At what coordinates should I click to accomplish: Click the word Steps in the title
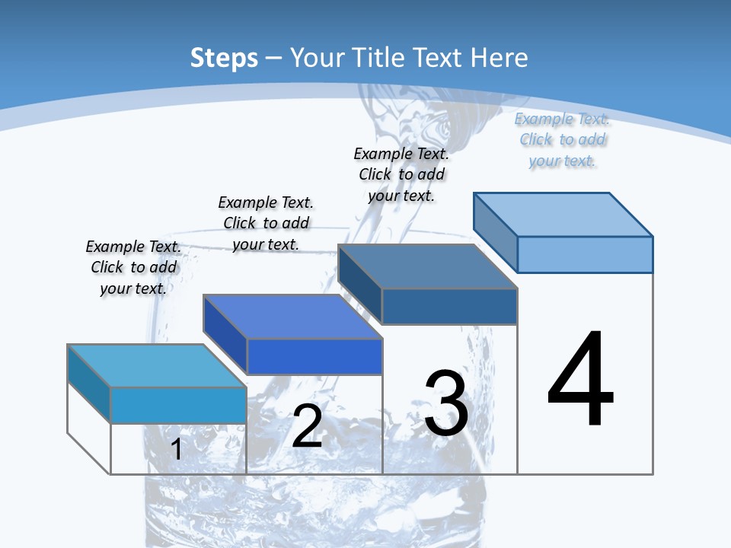tap(224, 59)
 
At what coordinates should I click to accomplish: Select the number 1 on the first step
tap(176, 450)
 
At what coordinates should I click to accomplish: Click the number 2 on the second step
tap(307, 426)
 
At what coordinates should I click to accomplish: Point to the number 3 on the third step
tap(446, 403)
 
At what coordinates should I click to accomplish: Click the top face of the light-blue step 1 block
tap(156, 366)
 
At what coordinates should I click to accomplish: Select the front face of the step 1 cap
tap(178, 405)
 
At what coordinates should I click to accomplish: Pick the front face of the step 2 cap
tap(314, 356)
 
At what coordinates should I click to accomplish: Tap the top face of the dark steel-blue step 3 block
tap(427, 267)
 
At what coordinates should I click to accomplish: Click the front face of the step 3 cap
tap(449, 306)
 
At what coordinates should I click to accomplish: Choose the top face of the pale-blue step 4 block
tap(563, 215)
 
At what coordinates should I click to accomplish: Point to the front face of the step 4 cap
tap(585, 254)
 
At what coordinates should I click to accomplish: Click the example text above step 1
tap(133, 268)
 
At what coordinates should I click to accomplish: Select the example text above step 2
tap(266, 224)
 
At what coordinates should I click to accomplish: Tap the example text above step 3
tap(401, 174)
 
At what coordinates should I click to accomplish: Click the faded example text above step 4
tap(562, 140)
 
